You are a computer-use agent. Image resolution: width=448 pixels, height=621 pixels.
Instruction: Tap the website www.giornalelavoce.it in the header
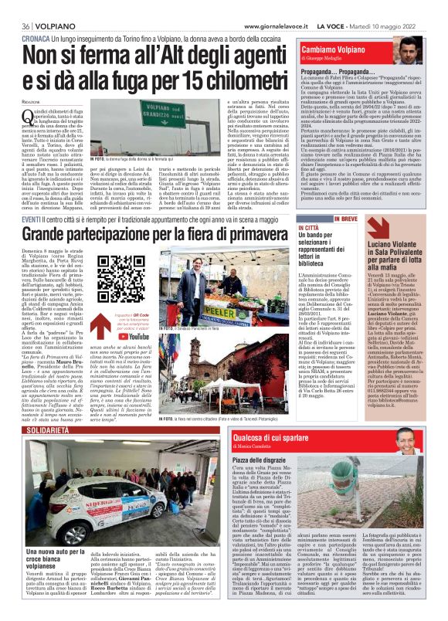pyautogui.click(x=251, y=8)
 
